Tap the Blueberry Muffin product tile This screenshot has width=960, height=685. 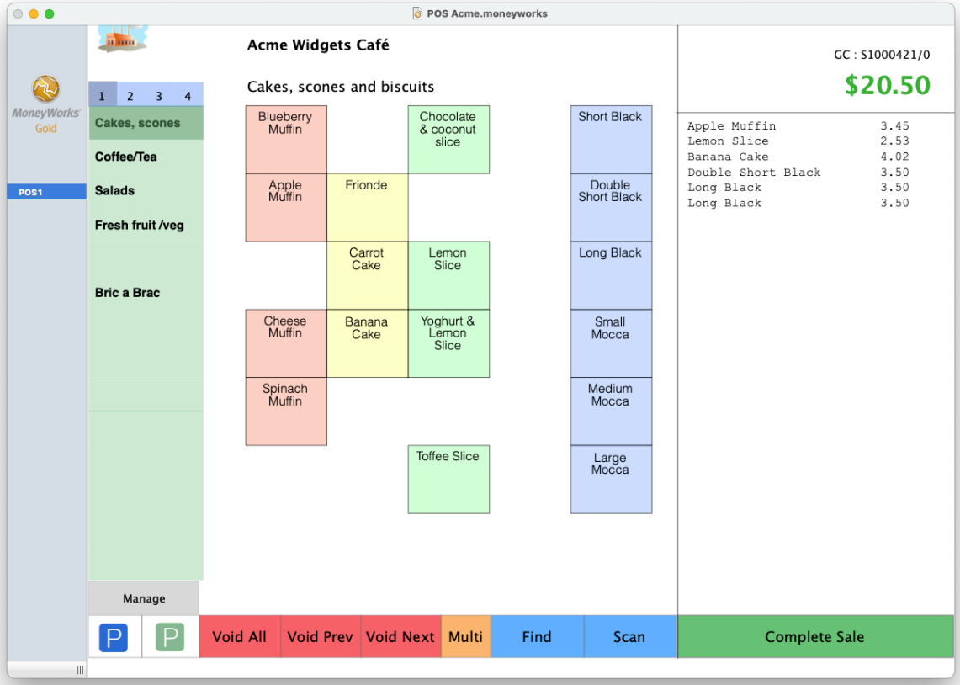point(286,140)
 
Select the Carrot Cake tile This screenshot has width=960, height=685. point(368,275)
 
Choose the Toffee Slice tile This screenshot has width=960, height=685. point(448,480)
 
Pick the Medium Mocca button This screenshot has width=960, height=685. point(611,412)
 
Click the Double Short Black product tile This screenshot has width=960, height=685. point(611,208)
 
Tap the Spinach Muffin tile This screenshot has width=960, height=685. point(286,412)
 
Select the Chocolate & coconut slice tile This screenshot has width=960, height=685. point(448,140)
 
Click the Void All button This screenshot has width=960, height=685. point(240,637)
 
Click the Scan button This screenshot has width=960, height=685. point(630,637)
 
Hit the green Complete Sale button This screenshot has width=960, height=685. point(815,637)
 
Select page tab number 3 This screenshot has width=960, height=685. point(159,95)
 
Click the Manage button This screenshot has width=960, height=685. point(144,598)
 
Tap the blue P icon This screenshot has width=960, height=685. point(114,637)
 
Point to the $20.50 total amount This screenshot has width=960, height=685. point(887,85)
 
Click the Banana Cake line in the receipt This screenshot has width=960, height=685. point(798,157)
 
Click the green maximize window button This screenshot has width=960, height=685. point(50,14)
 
